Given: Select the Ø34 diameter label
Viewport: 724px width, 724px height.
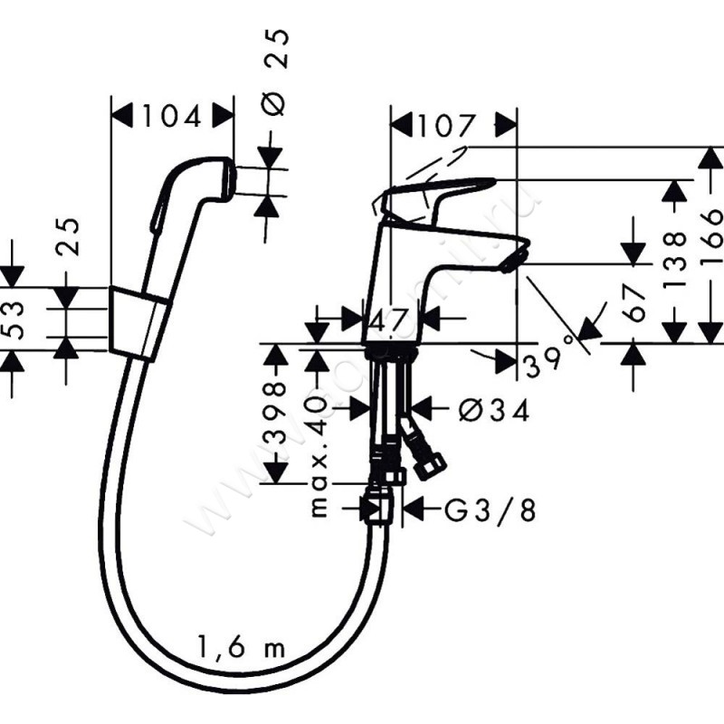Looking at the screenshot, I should [493, 411].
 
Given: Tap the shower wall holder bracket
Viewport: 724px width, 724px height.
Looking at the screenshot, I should [138, 320].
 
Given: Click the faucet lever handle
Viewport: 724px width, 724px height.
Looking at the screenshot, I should [439, 192].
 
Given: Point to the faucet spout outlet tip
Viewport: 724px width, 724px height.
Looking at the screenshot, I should [511, 261].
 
